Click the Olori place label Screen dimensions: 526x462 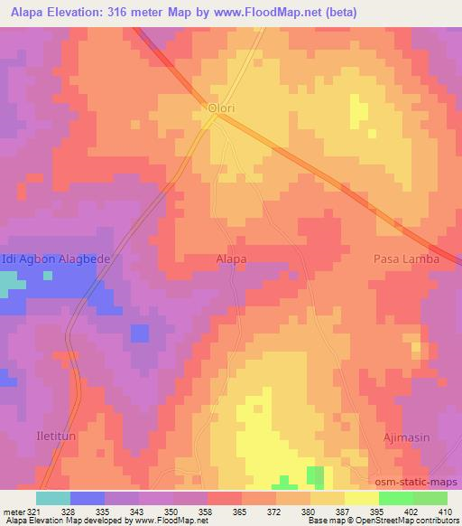(221, 108)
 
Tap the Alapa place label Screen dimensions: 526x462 (231, 259)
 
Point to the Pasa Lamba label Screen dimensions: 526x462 (407, 259)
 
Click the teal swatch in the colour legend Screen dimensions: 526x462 (53, 498)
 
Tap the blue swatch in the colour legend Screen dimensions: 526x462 (88, 498)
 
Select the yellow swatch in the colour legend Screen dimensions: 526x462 (361, 498)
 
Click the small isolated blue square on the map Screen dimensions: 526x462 (139, 333)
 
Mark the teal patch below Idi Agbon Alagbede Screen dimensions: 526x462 (13, 287)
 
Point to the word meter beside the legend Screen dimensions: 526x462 (13, 511)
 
